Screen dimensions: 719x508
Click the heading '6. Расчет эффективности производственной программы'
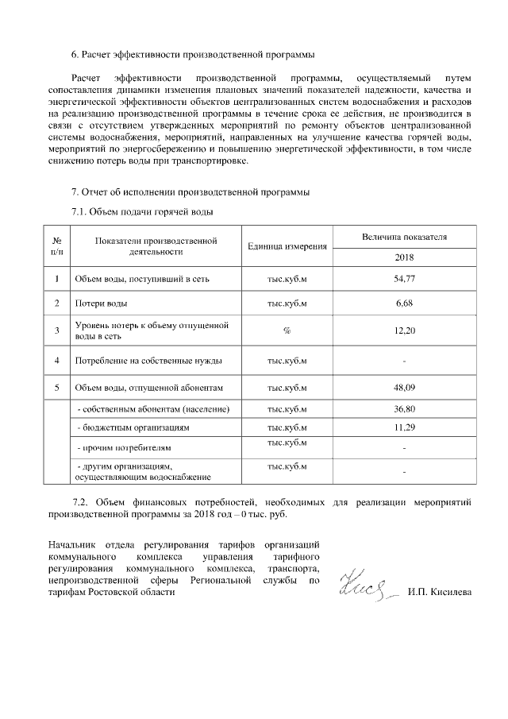click(x=193, y=55)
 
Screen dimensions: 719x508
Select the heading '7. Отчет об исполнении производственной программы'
click(x=190, y=192)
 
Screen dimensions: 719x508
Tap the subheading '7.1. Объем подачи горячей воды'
click(x=143, y=211)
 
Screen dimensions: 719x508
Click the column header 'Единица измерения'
click(x=287, y=246)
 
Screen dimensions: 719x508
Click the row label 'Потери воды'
click(x=101, y=303)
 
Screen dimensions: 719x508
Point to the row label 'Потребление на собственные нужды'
click(x=148, y=361)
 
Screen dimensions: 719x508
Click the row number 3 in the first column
click(x=57, y=331)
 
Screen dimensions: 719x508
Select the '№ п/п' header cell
click(x=57, y=245)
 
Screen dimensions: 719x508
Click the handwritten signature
click(x=365, y=590)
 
